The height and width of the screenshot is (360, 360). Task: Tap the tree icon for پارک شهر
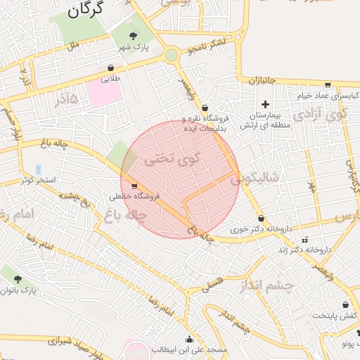tap(133, 34)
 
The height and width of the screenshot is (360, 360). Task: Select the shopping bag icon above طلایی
tap(111, 68)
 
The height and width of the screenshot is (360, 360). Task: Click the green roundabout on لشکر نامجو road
tap(171, 55)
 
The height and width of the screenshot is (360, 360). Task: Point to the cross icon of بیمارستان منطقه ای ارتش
tap(265, 104)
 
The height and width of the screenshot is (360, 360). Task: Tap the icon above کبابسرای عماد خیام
tap(327, 84)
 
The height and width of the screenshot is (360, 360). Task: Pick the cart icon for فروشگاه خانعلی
tap(134, 186)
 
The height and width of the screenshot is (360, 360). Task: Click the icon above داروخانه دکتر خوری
tap(261, 219)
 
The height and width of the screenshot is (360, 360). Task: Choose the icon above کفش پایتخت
tap(345, 304)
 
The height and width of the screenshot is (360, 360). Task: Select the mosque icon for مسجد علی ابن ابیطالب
tap(188, 339)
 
